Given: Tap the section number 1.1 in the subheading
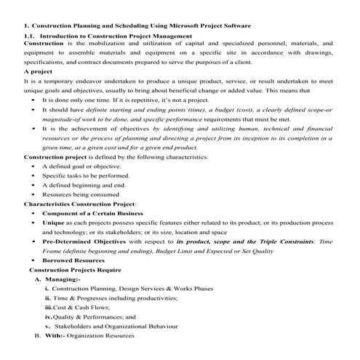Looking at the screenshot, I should [x=29, y=36].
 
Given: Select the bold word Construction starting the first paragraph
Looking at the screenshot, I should [x=43, y=44].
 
